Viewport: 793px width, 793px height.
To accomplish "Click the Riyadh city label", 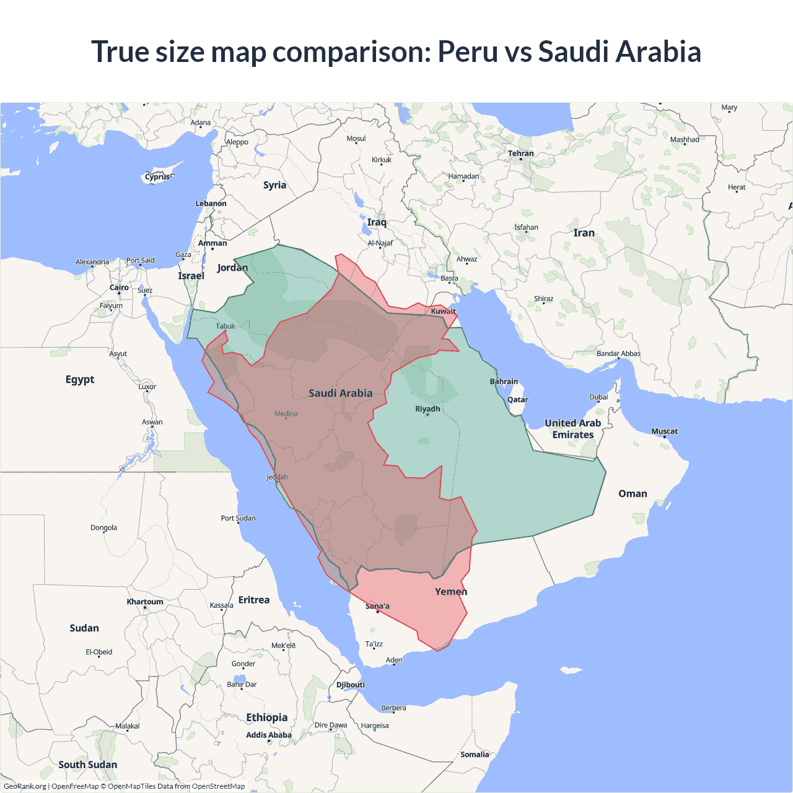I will pyautogui.click(x=427, y=409).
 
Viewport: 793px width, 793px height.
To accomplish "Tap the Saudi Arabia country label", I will pyautogui.click(x=341, y=393).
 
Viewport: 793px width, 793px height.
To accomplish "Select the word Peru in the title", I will pyautogui.click(x=468, y=51).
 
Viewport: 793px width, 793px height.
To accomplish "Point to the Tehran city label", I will pyautogui.click(x=520, y=154).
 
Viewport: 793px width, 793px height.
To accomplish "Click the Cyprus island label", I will pyautogui.click(x=157, y=177).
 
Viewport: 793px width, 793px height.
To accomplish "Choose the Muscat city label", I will pyautogui.click(x=664, y=431).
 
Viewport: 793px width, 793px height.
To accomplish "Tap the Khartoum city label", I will pyautogui.click(x=145, y=602).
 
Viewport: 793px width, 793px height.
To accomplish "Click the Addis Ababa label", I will pyautogui.click(x=269, y=735).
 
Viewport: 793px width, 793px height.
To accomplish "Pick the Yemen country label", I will pyautogui.click(x=451, y=592).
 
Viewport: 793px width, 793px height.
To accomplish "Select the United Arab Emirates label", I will pyautogui.click(x=573, y=429).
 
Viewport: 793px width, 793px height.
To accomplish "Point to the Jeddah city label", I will pyautogui.click(x=277, y=477).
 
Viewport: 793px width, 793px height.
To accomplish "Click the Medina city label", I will pyautogui.click(x=286, y=414).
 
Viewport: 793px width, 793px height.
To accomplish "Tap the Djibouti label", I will pyautogui.click(x=351, y=685).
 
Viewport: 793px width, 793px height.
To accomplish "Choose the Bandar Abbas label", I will pyautogui.click(x=618, y=354).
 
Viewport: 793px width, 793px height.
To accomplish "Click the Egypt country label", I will pyautogui.click(x=80, y=379).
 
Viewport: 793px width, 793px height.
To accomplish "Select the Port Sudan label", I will pyautogui.click(x=238, y=518).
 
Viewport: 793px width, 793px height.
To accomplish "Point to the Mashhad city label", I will pyautogui.click(x=685, y=140).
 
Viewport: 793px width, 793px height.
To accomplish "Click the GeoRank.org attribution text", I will pyautogui.click(x=25, y=786).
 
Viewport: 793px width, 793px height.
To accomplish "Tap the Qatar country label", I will pyautogui.click(x=518, y=400).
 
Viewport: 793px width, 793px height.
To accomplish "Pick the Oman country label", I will pyautogui.click(x=633, y=494).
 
